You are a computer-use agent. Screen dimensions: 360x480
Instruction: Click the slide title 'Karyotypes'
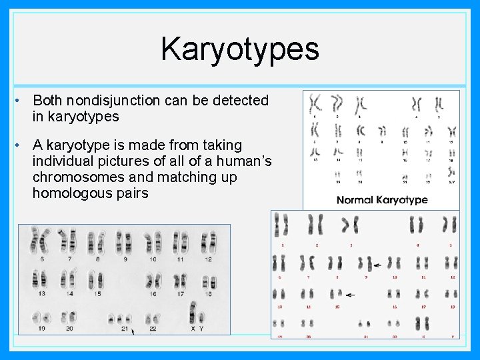[x=239, y=49]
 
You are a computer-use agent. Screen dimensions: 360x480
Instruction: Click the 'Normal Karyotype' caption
[x=382, y=199]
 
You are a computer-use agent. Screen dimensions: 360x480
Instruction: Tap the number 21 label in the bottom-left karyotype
[x=125, y=328]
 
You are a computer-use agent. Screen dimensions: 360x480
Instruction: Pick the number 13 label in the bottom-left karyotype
[x=42, y=293]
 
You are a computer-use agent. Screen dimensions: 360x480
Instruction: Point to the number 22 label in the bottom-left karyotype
[x=153, y=328]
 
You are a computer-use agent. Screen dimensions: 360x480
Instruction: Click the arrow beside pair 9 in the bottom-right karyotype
[x=378, y=265]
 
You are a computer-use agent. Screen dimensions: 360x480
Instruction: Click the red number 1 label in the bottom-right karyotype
[x=282, y=245]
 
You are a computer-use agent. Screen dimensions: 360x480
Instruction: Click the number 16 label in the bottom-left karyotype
[x=153, y=293]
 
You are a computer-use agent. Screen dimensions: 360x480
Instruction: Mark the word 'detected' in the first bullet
[x=244, y=101]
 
